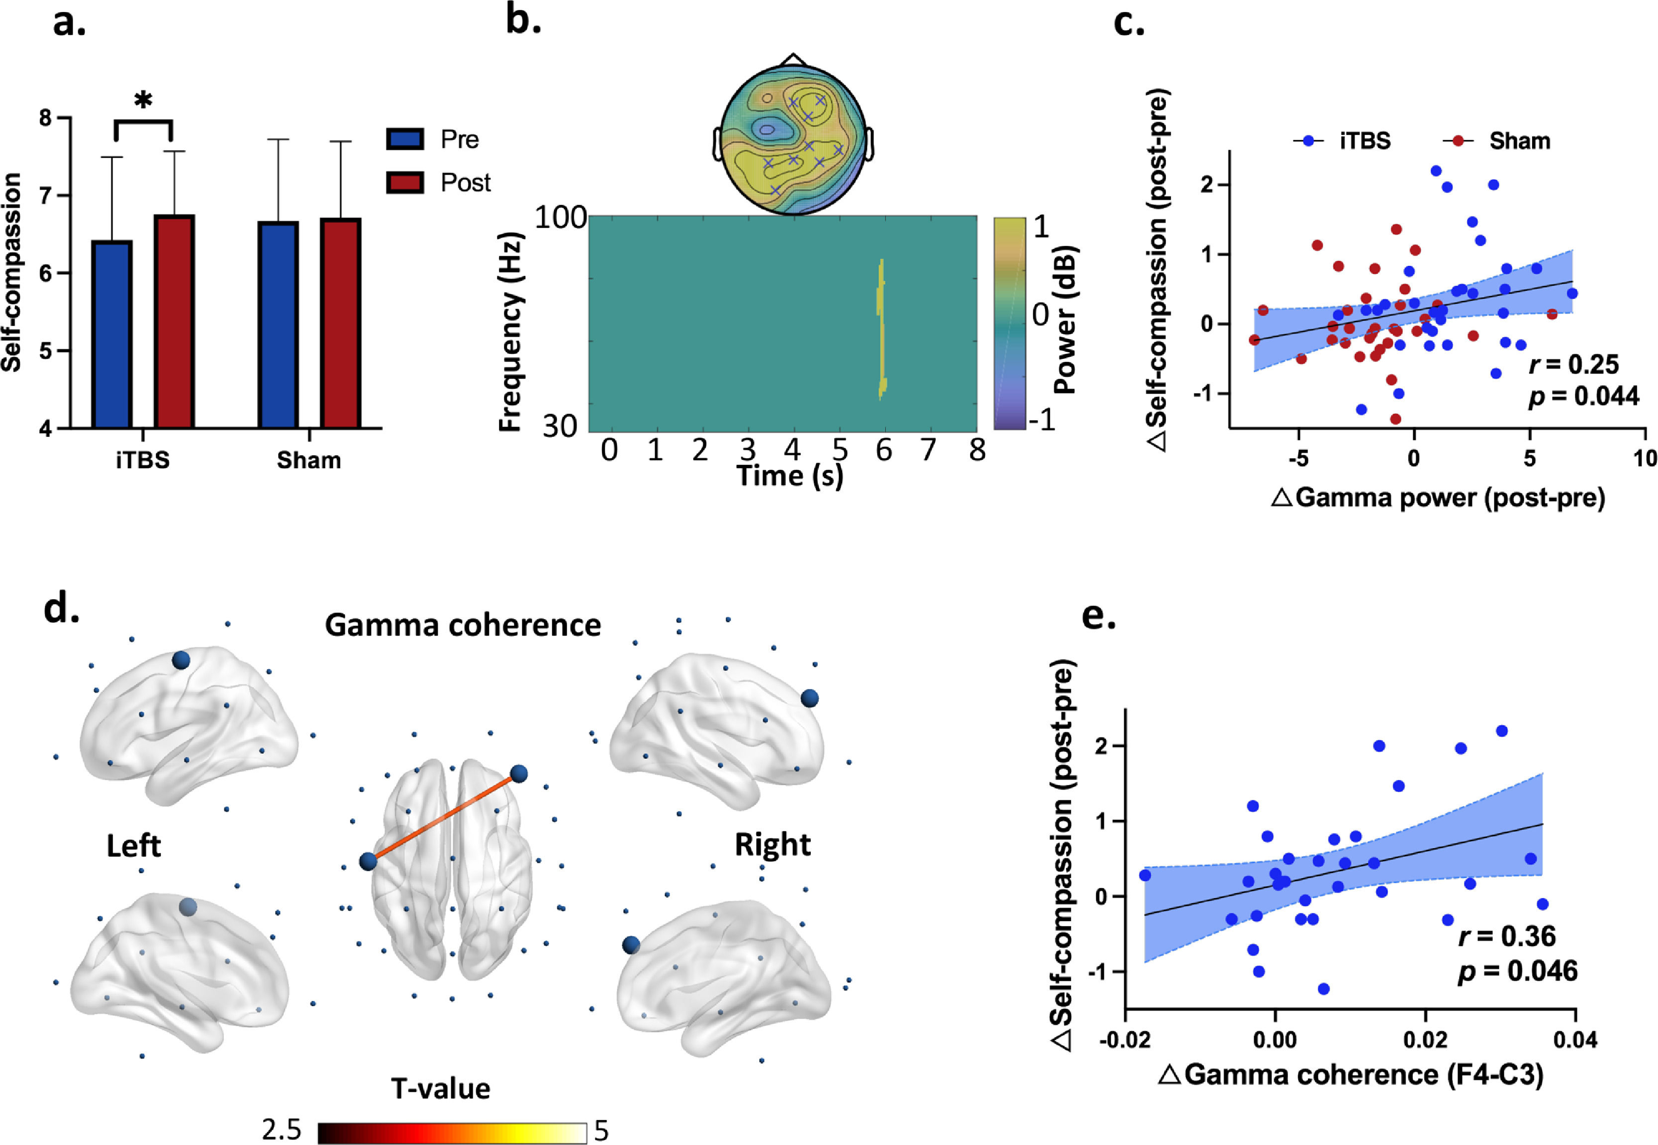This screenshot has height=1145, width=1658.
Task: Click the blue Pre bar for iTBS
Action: pyautogui.click(x=112, y=334)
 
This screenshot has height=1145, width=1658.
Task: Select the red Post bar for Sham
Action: pyautogui.click(x=341, y=323)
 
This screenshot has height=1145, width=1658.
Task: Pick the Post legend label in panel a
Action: pyautogui.click(x=466, y=183)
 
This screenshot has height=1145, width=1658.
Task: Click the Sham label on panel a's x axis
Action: pyautogui.click(x=309, y=460)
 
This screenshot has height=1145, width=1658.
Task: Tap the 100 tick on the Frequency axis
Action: pyautogui.click(x=561, y=216)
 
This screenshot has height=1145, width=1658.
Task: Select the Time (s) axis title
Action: pyautogui.click(x=790, y=476)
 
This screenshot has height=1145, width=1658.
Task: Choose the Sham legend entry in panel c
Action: pyautogui.click(x=1519, y=141)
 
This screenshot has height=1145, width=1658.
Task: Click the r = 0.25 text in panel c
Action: pyautogui.click(x=1573, y=364)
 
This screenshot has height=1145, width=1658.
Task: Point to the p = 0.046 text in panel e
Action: pyautogui.click(x=1518, y=971)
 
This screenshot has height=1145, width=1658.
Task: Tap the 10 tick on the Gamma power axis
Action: pyautogui.click(x=1645, y=458)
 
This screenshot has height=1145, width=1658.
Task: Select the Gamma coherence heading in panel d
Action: pyautogui.click(x=463, y=625)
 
